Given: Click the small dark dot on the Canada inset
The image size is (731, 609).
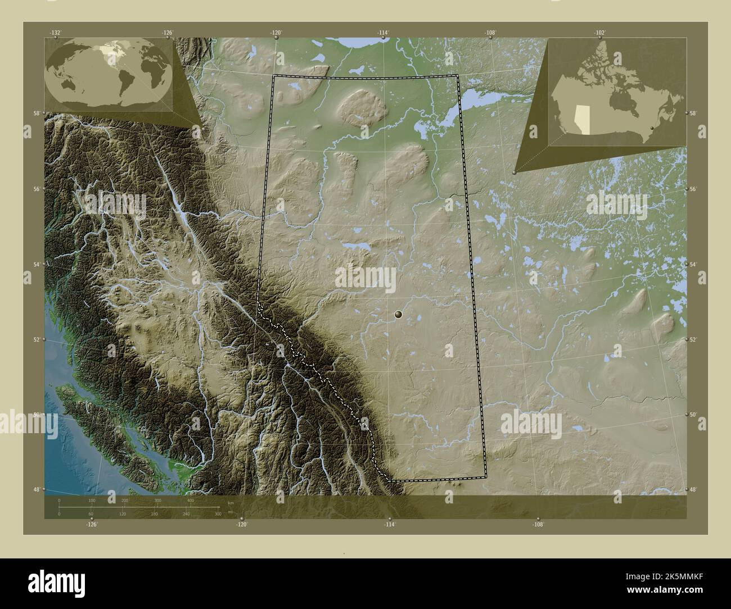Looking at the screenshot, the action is pos(651,129).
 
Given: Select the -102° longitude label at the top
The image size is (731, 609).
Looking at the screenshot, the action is pos(599,33).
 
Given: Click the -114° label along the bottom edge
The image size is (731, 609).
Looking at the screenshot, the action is pos(389,524).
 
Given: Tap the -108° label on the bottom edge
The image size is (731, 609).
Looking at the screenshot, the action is pos(538,524).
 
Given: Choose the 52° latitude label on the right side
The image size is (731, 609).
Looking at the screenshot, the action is pos(693,339).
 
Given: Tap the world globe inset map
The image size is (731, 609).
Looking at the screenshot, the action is pos(109,68).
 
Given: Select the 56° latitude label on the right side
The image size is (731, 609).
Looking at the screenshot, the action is pos(693,189).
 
